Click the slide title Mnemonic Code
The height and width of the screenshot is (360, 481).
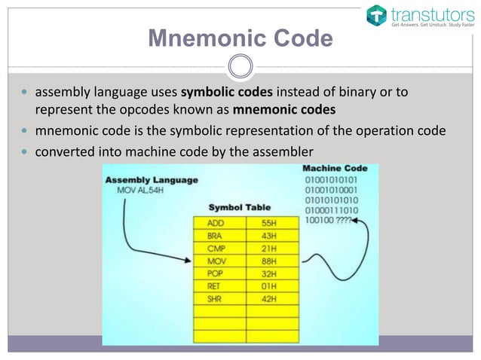240,38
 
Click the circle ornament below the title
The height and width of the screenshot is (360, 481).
240,66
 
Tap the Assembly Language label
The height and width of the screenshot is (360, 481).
152,180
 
